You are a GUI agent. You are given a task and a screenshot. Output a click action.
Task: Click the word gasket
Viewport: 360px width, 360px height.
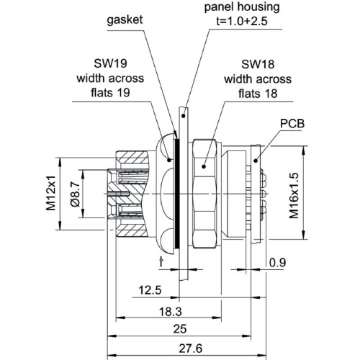125,20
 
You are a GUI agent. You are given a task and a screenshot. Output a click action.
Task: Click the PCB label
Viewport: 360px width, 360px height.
292,124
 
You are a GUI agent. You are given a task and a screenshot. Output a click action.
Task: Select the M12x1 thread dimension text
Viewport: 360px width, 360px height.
51,194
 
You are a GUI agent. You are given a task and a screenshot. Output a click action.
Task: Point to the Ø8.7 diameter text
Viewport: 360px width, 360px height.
75,194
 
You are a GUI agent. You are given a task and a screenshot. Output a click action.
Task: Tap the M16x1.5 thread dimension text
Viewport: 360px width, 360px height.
294,195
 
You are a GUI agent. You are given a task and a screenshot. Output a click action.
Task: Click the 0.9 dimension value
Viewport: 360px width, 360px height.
277,263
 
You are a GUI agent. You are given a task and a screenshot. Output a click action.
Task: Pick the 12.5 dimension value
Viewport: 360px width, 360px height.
150,290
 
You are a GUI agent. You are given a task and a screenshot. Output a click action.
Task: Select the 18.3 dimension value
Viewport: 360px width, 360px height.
171,312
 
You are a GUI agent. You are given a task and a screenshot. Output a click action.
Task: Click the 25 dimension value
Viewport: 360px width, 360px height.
180,329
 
